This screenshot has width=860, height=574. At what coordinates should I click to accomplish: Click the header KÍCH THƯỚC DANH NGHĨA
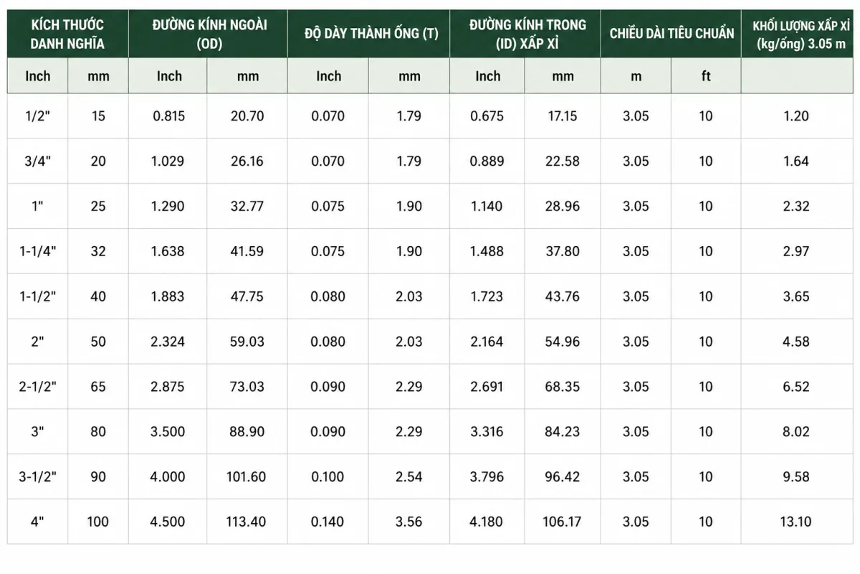[67, 34]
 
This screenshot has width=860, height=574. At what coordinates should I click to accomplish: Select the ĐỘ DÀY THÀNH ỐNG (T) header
[371, 34]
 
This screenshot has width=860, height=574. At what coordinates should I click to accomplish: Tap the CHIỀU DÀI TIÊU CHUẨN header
[672, 34]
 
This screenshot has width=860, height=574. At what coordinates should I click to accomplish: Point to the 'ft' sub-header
[706, 76]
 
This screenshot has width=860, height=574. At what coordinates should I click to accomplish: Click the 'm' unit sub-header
[636, 77]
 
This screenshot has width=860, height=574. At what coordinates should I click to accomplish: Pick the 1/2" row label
[37, 116]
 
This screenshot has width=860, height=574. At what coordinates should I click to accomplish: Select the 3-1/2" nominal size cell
[37, 476]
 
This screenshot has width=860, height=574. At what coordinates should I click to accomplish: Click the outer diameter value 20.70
[247, 116]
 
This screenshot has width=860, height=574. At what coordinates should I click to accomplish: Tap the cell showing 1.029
[168, 161]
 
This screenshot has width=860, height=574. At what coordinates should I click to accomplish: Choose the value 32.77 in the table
[247, 207]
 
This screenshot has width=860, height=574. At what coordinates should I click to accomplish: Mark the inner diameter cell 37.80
[563, 251]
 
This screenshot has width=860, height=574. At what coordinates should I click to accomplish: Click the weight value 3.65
[796, 296]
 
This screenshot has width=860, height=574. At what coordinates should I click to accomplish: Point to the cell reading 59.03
[247, 342]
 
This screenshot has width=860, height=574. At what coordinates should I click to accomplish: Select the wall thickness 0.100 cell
[328, 476]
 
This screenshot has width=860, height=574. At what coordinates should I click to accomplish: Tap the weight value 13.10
[795, 522]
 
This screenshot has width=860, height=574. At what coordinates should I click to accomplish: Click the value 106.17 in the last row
[562, 522]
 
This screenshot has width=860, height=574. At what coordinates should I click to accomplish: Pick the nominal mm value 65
[98, 387]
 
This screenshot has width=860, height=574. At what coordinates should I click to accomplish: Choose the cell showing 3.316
[487, 432]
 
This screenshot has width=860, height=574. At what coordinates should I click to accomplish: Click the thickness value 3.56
[408, 522]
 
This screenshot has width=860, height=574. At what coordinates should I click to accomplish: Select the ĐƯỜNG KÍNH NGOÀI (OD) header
[209, 34]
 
